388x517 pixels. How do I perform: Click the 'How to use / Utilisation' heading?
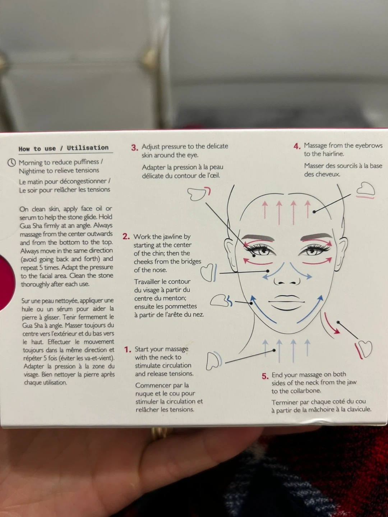point(64,148)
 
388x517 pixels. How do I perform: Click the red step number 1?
point(128,350)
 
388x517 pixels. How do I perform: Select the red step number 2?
point(126,237)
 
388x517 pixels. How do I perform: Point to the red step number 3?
point(135,148)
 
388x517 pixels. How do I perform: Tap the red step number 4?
point(297,146)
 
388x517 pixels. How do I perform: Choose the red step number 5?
point(265,376)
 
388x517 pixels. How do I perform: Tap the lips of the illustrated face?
point(286,303)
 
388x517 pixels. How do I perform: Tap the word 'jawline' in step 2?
point(175,237)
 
